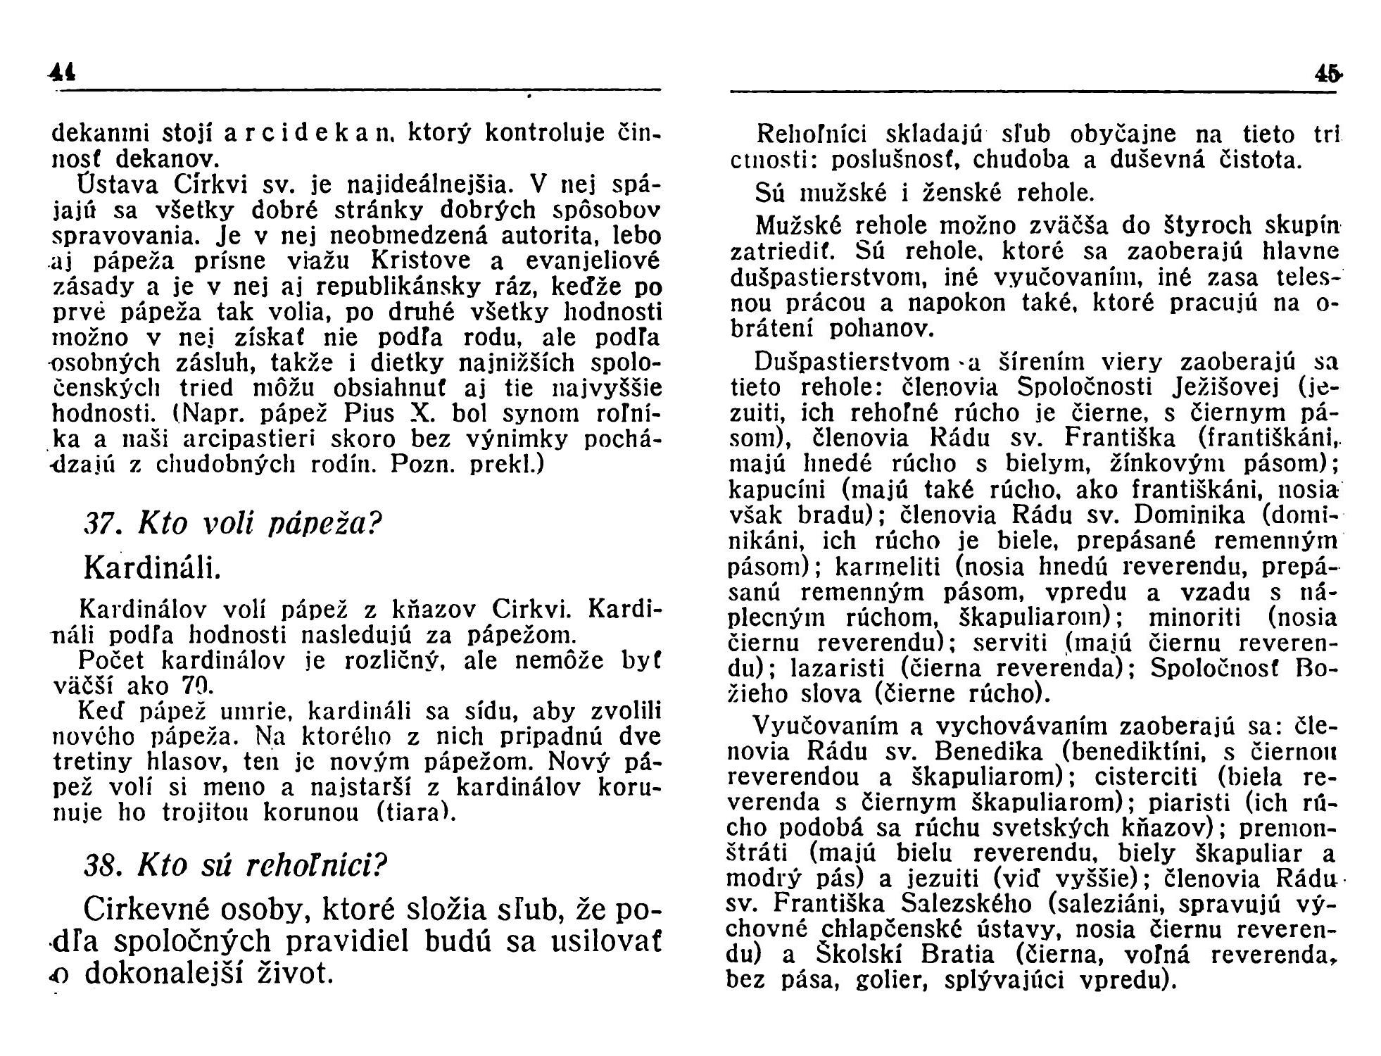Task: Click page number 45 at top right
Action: pos(1327,73)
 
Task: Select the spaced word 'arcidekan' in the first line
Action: pos(306,132)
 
